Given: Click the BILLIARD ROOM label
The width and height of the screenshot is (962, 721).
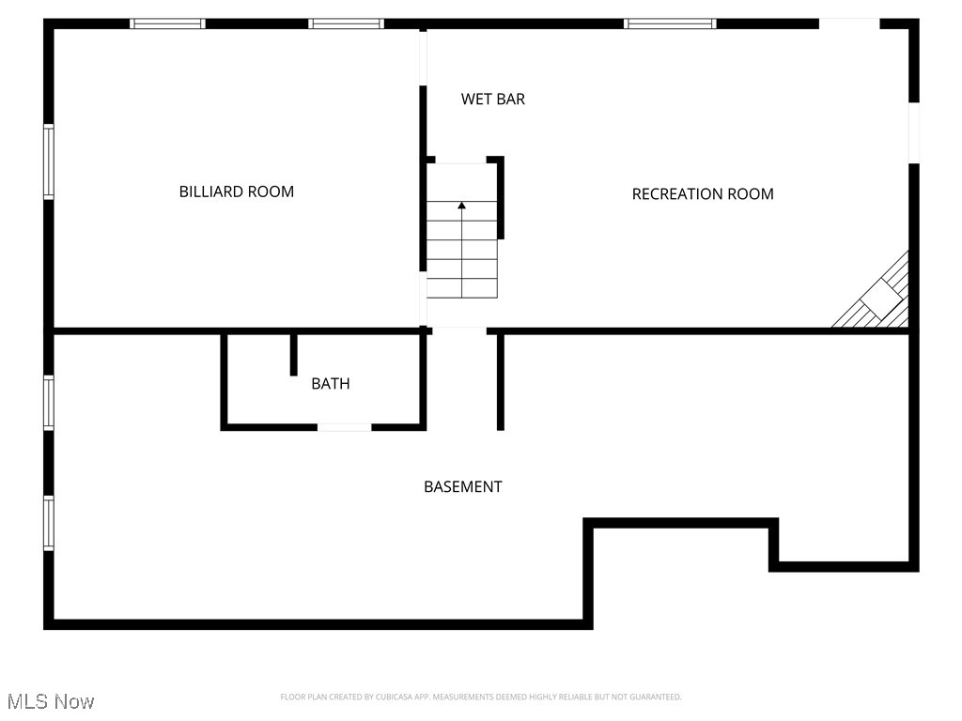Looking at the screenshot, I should (x=237, y=192).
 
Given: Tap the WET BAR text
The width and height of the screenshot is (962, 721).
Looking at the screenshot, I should (x=492, y=99).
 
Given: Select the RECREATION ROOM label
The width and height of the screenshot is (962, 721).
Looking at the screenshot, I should (x=703, y=194).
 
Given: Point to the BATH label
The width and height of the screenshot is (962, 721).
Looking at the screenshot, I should (x=331, y=383).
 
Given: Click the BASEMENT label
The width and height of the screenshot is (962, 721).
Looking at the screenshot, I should (x=462, y=486).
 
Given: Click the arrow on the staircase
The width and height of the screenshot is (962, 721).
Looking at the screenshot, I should (x=461, y=205).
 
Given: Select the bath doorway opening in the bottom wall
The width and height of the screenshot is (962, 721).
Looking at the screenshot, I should (x=344, y=427).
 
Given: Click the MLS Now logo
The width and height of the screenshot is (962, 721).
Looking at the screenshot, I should (x=51, y=701).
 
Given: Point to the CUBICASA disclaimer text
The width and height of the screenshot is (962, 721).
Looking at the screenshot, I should (x=480, y=697).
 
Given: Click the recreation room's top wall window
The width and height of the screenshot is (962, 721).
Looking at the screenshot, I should (x=670, y=23).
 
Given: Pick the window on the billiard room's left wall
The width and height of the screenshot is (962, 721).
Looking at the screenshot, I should (x=49, y=161).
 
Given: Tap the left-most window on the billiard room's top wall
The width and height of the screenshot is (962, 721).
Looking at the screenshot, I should (x=167, y=23).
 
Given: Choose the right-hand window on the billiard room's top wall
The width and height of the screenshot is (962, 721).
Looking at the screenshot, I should (x=347, y=23).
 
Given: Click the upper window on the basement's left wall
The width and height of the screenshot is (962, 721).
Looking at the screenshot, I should (x=49, y=403).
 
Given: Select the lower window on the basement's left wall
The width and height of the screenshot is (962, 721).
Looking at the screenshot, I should (x=49, y=523).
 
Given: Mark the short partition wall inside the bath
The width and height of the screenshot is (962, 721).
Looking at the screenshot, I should (x=293, y=354).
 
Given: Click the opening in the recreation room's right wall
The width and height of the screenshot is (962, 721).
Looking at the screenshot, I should (x=913, y=132).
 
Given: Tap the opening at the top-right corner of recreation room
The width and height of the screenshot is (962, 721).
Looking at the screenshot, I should (x=849, y=23).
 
